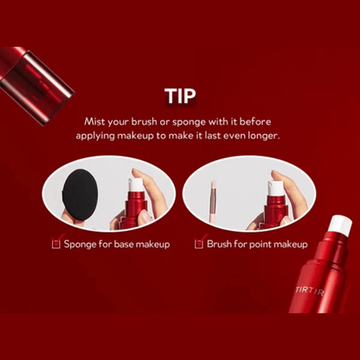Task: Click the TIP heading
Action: (180, 96)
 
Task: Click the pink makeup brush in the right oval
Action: (213, 203)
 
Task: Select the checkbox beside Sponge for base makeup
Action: (55, 245)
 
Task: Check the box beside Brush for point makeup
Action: (198, 245)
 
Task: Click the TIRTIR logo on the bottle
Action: (310, 290)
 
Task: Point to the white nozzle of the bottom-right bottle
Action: (341, 225)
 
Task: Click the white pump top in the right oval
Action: (274, 188)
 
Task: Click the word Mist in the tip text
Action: (94, 122)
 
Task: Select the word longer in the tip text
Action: (264, 136)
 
